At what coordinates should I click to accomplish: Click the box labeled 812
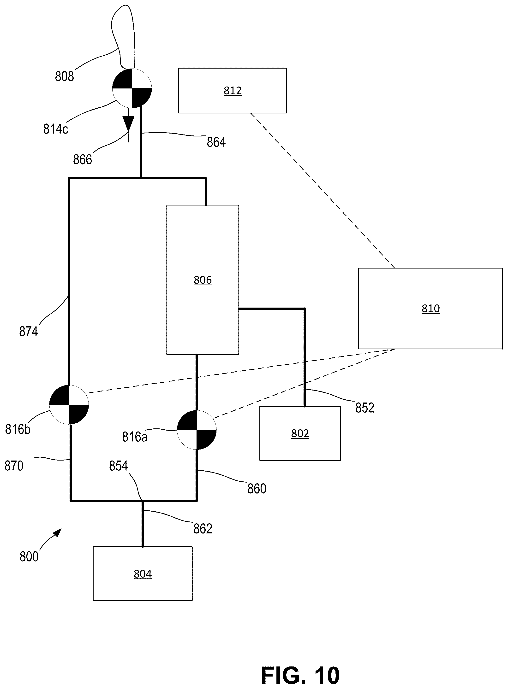tap(233, 91)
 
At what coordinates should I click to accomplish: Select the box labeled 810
tap(430, 308)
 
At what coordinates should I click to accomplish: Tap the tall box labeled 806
tap(203, 280)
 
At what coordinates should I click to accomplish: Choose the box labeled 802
tap(300, 433)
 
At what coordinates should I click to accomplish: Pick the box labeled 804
tap(143, 574)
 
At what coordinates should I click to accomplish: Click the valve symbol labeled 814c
tap(132, 88)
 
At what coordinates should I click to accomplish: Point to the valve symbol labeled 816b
tap(69, 404)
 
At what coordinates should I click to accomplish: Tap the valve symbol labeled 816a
tap(197, 430)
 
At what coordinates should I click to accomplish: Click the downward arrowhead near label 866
tap(129, 123)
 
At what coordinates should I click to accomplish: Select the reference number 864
tap(216, 142)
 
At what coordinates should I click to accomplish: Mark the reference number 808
tap(64, 76)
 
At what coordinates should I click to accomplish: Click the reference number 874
tap(28, 332)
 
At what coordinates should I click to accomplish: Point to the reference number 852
tap(365, 408)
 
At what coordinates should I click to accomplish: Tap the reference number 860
tap(257, 488)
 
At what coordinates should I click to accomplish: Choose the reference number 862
tap(203, 529)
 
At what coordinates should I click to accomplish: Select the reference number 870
tap(14, 466)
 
